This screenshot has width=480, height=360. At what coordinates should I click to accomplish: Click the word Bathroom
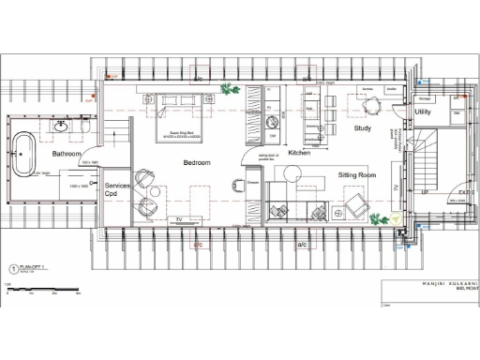pos(67,153)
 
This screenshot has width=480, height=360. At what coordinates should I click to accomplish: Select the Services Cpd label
pos(117,191)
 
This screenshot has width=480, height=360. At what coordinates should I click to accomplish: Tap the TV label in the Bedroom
pos(177,219)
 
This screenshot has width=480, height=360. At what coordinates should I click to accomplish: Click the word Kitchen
pos(299,153)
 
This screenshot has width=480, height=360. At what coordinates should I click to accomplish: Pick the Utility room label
pos(423,112)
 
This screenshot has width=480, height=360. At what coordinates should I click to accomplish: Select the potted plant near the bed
pos(227,89)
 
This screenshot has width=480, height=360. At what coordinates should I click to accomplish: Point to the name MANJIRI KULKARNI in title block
pos(441,282)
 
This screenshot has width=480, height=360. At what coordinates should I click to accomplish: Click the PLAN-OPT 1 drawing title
pos(33,266)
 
